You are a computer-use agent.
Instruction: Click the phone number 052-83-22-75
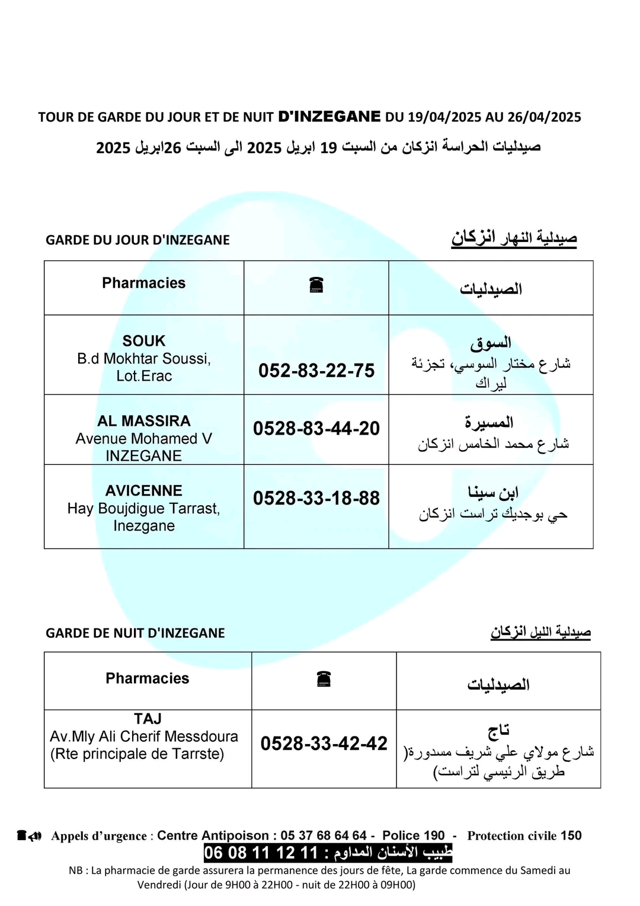316,371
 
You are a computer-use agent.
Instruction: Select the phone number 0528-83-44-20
316,428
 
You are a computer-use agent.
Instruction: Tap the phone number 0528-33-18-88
316,498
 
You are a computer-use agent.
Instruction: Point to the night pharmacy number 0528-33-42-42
324,743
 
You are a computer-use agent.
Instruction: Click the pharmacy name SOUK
144,341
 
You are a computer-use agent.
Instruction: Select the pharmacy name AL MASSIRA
144,421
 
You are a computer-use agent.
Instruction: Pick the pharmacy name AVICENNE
144,491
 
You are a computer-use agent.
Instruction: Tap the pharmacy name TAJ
148,719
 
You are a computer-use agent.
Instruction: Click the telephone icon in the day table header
316,286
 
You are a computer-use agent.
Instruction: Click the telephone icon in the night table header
324,679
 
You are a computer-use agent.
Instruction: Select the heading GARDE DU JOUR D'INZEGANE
137,240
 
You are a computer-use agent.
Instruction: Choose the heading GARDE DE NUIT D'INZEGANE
135,633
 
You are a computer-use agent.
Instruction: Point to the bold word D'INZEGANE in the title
329,116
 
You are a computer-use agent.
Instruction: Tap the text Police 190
413,835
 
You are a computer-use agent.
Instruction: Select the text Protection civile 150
524,835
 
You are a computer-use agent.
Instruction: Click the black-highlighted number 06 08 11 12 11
261,853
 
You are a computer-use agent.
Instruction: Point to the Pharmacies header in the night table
148,678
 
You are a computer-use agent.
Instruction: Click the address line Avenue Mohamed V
144,439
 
